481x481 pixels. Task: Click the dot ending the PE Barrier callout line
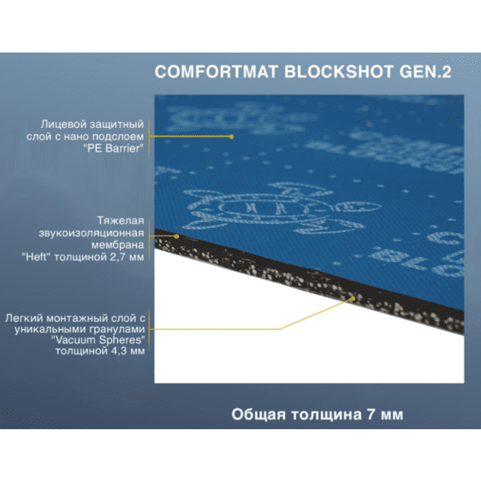[232, 136]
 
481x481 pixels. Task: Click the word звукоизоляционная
[98, 232]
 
